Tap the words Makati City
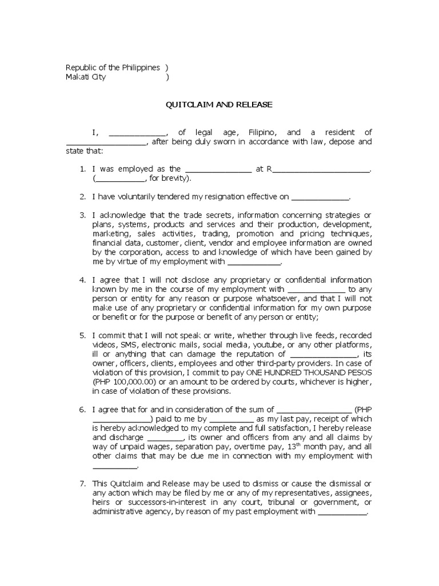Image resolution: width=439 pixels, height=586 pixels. coord(86,77)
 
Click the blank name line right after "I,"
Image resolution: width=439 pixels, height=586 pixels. coord(137,133)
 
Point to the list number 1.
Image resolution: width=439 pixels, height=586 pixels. coord(82,169)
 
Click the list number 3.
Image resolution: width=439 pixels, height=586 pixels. coord(82,215)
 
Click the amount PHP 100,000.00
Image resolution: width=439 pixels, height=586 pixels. coord(123,382)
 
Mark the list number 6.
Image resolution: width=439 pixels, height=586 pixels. coord(82,410)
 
